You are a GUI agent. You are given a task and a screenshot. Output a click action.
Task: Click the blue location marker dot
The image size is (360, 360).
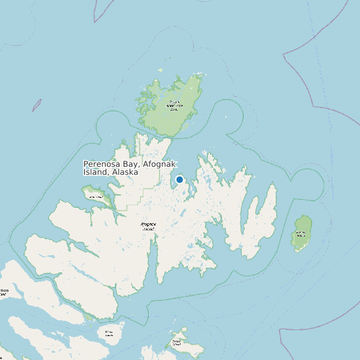[179, 179]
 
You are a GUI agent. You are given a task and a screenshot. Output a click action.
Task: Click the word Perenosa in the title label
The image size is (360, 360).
[102, 164]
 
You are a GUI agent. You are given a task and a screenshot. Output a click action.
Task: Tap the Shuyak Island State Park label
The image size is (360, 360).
[173, 104]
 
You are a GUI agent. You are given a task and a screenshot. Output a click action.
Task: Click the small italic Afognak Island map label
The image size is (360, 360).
[147, 226]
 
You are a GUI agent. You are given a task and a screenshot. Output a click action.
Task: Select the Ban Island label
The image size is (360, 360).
[95, 196]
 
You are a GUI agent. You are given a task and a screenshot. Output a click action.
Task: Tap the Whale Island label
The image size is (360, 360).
[109, 333]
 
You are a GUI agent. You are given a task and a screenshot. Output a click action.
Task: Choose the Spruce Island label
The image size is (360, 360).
[177, 343]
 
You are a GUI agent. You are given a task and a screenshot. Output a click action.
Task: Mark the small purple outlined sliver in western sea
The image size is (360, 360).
[37, 105]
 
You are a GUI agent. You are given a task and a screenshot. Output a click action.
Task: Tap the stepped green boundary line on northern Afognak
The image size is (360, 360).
[141, 193]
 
